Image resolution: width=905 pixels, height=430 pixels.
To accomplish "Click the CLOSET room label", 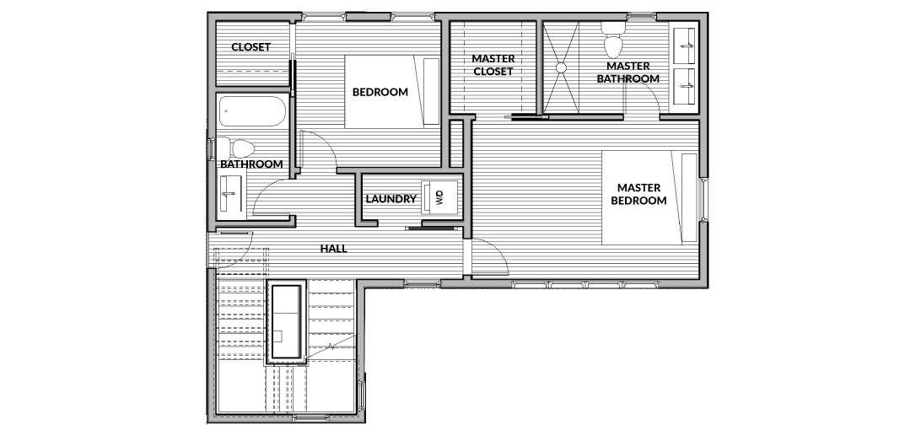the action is (251, 47).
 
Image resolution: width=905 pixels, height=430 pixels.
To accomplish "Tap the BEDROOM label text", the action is (380, 92).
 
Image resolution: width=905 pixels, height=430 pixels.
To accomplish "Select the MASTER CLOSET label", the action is (493, 65).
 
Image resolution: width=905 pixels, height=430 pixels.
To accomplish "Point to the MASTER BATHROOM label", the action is (628, 73).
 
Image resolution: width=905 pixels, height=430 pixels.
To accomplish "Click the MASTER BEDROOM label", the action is (639, 194).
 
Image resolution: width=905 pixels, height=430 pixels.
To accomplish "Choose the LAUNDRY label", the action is (391, 199).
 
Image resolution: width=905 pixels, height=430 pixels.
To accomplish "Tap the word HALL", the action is (334, 249).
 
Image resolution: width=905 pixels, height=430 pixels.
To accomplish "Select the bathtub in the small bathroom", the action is (252, 111).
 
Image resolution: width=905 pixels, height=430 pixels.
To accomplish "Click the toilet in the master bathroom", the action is (611, 38).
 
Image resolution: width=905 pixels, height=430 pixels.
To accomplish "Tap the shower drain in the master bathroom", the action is (561, 67).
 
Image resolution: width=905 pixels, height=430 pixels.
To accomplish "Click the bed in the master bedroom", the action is (649, 197).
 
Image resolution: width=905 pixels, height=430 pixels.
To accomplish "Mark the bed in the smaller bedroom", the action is (392, 91).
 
